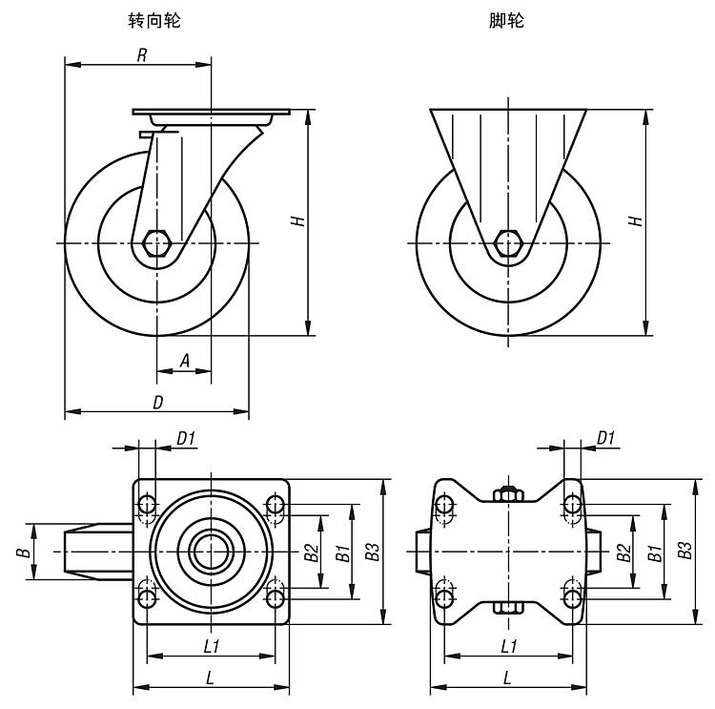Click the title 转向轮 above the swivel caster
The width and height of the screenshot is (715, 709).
click(x=154, y=20)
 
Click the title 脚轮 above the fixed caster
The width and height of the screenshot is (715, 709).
click(x=505, y=20)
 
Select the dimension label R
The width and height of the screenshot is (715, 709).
click(x=141, y=55)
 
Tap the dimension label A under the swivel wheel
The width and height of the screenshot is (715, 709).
click(x=185, y=360)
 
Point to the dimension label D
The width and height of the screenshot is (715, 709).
click(x=158, y=402)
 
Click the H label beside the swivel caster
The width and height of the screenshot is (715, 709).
click(x=298, y=220)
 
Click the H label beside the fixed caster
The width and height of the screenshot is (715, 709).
click(x=636, y=220)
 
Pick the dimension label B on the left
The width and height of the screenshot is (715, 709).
click(x=29, y=552)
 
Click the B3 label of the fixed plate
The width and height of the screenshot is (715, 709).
click(x=685, y=551)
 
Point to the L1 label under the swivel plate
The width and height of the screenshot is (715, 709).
click(x=212, y=646)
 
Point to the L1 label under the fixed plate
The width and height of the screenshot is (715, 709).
click(x=510, y=646)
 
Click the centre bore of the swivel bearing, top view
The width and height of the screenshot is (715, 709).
click(x=211, y=551)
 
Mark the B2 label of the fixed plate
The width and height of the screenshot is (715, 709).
click(x=623, y=552)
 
